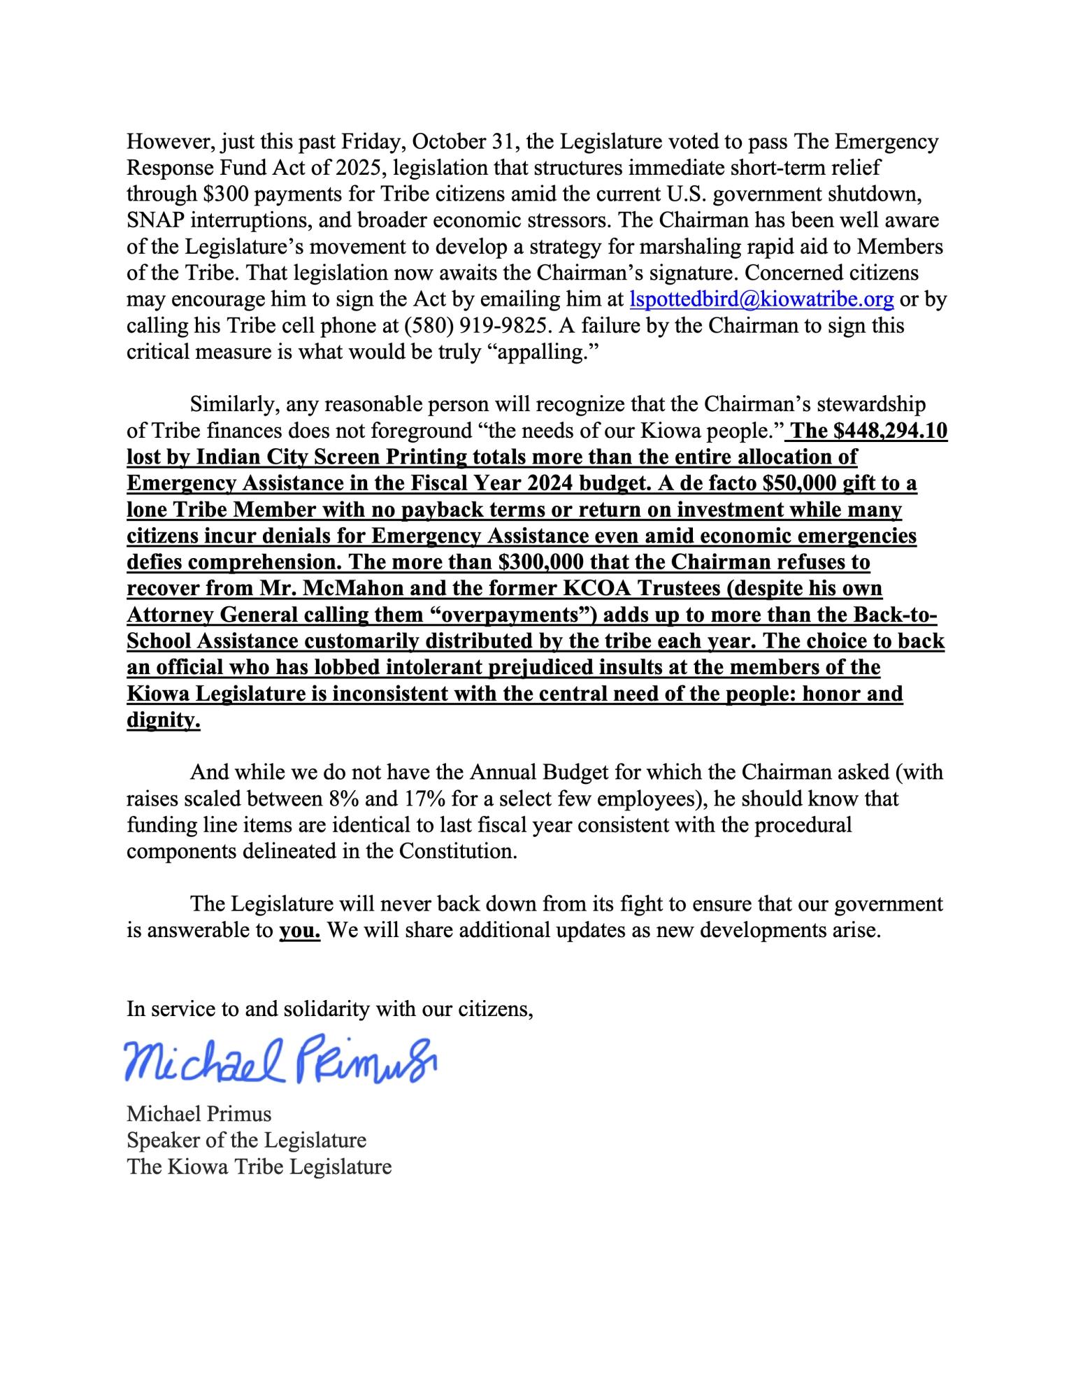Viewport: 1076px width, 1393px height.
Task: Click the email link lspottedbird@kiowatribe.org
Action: pyautogui.click(x=761, y=299)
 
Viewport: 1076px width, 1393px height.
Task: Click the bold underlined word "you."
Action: pyautogui.click(x=300, y=931)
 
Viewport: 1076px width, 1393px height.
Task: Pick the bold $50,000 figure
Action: pyautogui.click(x=818, y=483)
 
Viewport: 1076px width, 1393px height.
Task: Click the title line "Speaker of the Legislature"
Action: pyautogui.click(x=246, y=1141)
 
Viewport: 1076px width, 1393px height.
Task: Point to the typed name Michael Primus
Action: pyautogui.click(x=199, y=1114)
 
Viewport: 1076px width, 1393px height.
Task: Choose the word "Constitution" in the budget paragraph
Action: pyautogui.click(x=457, y=852)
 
